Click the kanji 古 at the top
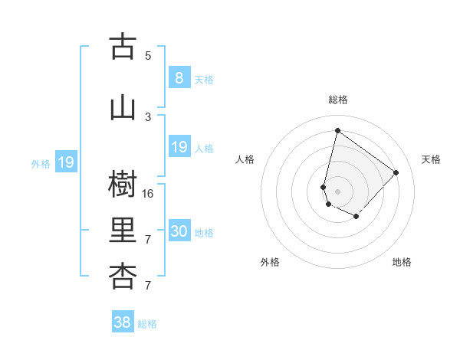click(123, 47)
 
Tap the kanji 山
click(123, 108)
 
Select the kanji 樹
click(123, 184)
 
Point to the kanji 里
click(123, 231)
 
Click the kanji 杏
click(123, 277)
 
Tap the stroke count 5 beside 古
click(148, 55)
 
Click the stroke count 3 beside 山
click(148, 116)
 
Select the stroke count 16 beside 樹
click(148, 193)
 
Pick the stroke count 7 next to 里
click(148, 240)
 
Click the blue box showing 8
click(179, 77)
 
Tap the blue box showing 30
click(179, 231)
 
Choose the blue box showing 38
click(123, 322)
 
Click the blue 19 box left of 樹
click(65, 162)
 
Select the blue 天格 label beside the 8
click(204, 79)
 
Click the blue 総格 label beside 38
click(147, 324)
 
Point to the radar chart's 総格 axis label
click(337, 100)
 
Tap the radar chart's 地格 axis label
click(402, 262)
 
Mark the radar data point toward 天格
click(396, 172)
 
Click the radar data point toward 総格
click(337, 131)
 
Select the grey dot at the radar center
click(337, 191)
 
